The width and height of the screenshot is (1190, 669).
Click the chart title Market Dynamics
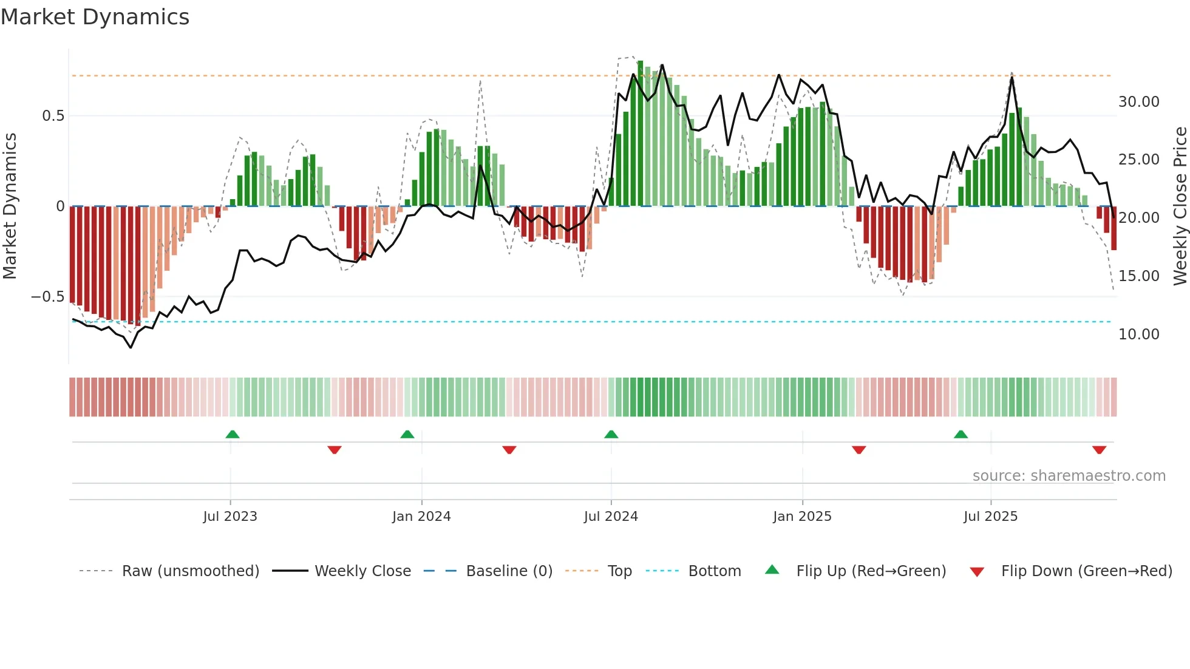pos(95,17)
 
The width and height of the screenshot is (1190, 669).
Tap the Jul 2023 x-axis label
pos(230,517)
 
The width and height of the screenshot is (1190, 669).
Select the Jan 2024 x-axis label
pos(421,517)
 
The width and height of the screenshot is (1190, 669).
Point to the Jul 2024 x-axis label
pos(611,517)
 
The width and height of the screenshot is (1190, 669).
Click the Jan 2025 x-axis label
pos(802,517)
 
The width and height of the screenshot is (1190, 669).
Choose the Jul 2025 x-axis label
pos(990,517)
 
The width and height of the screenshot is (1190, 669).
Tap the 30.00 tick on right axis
pos(1138,102)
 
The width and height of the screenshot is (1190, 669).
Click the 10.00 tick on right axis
pos(1138,334)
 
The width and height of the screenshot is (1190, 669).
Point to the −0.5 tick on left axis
pos(48,297)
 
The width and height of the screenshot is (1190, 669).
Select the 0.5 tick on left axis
pos(53,116)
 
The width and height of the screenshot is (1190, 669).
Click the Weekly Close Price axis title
pos(1180,206)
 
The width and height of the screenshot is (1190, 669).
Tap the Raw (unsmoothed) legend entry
pos(190,571)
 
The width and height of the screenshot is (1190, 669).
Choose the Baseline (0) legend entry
pos(509,571)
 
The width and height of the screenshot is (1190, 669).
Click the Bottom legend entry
pos(714,571)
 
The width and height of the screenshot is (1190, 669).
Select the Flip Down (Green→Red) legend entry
pos(1086,571)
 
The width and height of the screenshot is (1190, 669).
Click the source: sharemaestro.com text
pos(1069,476)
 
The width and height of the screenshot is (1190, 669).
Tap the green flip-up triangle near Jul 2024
pos(611,434)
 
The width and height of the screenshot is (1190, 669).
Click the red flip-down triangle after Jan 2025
pos(858,450)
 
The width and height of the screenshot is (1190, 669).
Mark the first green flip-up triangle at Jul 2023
pos(233,434)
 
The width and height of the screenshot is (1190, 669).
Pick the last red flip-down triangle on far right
pos(1099,450)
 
